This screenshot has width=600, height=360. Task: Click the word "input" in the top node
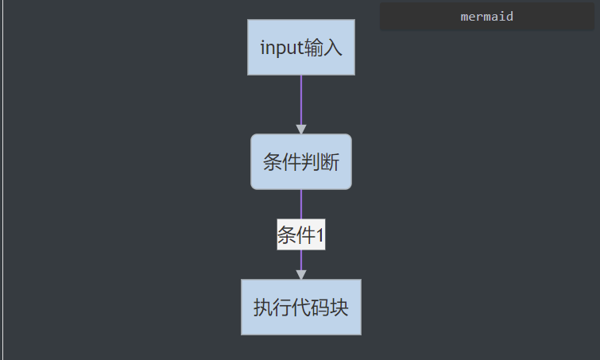(x=281, y=48)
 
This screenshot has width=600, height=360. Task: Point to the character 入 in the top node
(x=333, y=48)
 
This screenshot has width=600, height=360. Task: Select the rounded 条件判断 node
(x=301, y=162)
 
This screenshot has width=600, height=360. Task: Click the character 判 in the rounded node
(x=311, y=163)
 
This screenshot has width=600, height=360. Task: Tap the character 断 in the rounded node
(x=330, y=163)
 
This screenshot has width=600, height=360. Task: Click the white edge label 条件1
(x=300, y=234)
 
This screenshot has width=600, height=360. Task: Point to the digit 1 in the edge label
(x=319, y=235)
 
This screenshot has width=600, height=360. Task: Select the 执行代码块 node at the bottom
(x=301, y=307)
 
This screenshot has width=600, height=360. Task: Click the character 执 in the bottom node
(x=263, y=308)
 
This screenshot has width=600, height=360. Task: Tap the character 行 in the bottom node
(x=282, y=308)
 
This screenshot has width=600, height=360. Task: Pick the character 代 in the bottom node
(x=301, y=308)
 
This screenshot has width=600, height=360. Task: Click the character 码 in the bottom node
(x=320, y=308)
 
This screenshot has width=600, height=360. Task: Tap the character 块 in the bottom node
(x=339, y=308)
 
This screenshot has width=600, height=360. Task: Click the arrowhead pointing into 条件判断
(x=301, y=129)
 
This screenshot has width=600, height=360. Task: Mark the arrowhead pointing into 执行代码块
(x=301, y=274)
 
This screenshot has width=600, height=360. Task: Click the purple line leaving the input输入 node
(x=301, y=99)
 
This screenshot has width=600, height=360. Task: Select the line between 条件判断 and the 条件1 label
(x=301, y=203)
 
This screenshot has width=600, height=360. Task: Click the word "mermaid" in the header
(x=487, y=16)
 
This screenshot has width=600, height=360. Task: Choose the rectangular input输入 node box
(x=301, y=48)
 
